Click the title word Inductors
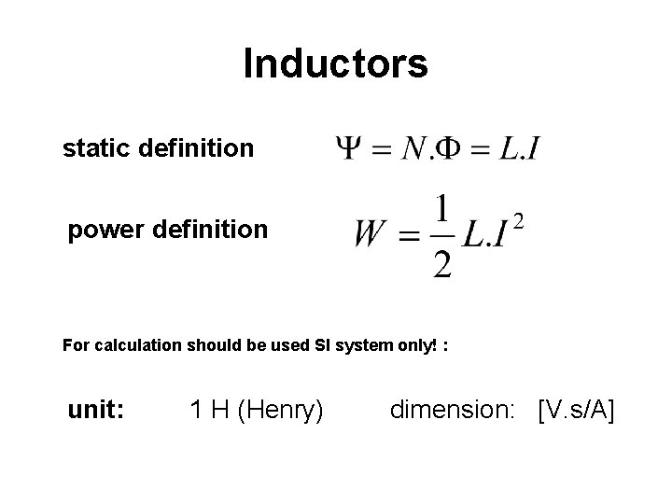click(x=335, y=64)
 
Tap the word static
click(x=93, y=147)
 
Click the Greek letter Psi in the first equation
click(x=348, y=148)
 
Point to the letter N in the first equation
click(x=413, y=148)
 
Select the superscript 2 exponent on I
click(x=519, y=221)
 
